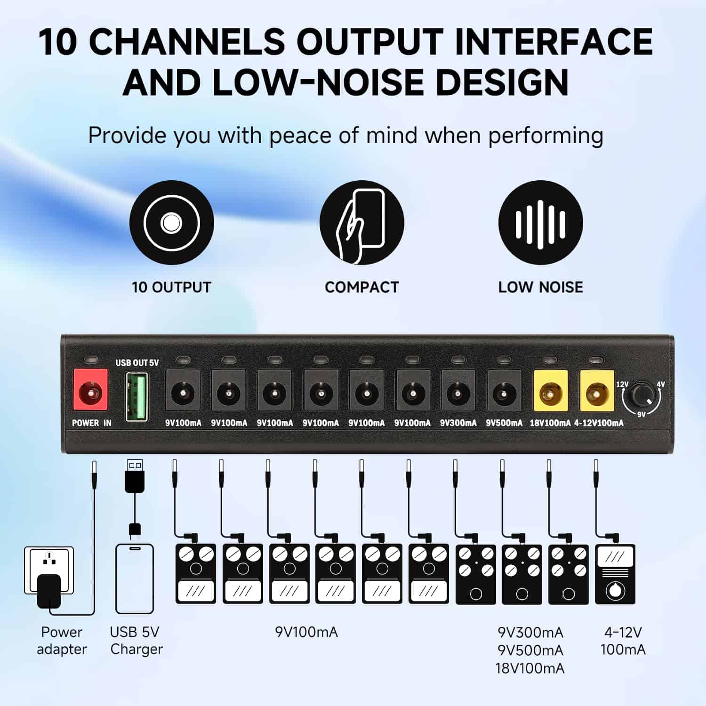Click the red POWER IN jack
91,390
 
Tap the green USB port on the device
136,396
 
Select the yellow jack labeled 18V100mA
550,391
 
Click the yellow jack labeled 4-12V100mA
597,391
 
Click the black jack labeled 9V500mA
504,391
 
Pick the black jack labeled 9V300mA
458,391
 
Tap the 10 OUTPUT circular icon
171,223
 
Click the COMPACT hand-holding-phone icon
361,223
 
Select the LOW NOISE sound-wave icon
540,223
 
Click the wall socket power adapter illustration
49,578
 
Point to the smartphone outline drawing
135,578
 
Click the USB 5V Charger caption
136,641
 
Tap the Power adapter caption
62,641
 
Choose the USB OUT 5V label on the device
137,362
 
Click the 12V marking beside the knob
622,384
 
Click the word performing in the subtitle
546,136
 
